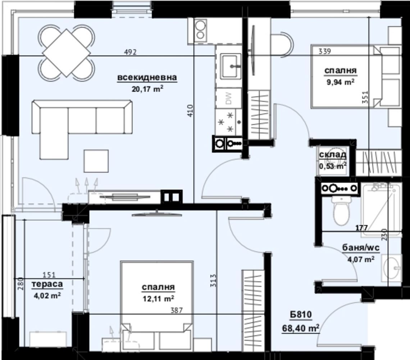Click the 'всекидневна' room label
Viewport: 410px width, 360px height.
click(x=147, y=77)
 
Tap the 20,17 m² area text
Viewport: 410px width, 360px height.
click(x=147, y=89)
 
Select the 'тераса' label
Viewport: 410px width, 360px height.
click(x=47, y=284)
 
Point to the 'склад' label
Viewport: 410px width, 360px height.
click(x=333, y=155)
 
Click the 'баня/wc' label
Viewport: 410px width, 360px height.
click(x=361, y=247)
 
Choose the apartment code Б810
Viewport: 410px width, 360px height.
click(x=301, y=314)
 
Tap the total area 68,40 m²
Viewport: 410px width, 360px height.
click(x=301, y=328)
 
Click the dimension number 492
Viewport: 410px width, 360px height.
click(x=130, y=52)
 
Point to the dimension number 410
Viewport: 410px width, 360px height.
click(x=190, y=111)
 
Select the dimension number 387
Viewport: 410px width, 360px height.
click(x=177, y=310)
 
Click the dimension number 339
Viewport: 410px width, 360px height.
click(x=325, y=51)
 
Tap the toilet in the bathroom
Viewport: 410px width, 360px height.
click(x=342, y=210)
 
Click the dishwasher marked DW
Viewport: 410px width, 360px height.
click(x=228, y=98)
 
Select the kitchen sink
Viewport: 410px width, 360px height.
click(x=231, y=66)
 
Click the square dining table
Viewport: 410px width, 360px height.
click(x=67, y=53)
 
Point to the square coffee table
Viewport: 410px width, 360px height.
click(x=96, y=161)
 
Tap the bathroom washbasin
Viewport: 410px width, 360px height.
click(x=391, y=268)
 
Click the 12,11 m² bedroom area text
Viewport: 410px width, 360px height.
click(x=159, y=298)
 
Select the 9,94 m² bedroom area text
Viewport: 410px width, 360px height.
click(x=340, y=82)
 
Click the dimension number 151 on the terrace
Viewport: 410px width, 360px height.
click(x=49, y=275)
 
